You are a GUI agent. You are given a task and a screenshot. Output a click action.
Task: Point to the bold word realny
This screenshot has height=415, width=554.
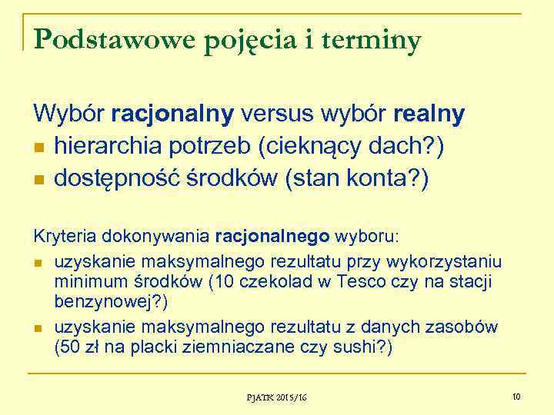coord(429,115)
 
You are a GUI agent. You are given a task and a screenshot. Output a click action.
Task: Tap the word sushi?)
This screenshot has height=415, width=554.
coord(365,347)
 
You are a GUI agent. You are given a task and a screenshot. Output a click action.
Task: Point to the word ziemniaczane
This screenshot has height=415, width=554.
coord(229,347)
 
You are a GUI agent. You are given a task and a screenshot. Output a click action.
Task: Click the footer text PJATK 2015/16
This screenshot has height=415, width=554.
coord(276,397)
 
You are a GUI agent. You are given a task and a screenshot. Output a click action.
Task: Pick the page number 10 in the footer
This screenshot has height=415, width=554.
coord(516,397)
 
